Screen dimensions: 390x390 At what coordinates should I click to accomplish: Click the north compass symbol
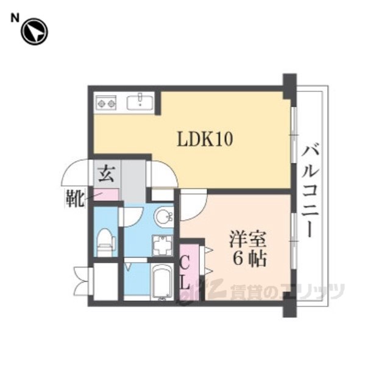(x=34, y=32)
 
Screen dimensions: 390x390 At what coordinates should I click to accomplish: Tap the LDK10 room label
(x=205, y=139)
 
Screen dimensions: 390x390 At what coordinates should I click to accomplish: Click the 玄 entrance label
(x=106, y=174)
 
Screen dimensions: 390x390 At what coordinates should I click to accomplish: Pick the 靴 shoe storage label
(x=74, y=198)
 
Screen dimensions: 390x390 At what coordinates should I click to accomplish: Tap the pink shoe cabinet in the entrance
(x=105, y=195)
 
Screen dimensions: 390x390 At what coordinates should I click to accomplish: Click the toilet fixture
(x=106, y=242)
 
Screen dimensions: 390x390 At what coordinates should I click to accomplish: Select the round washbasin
(x=164, y=217)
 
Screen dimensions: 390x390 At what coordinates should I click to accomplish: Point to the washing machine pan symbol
(x=163, y=246)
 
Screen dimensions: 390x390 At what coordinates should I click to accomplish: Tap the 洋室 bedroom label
(x=248, y=239)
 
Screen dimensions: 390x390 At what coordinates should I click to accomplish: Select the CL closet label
(x=185, y=272)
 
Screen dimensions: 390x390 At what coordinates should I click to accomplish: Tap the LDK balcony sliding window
(x=294, y=135)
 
